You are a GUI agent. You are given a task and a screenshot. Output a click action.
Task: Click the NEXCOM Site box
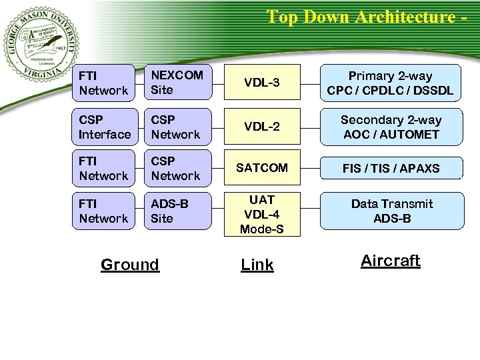click(176, 83)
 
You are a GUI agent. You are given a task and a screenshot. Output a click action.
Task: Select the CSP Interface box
click(105, 127)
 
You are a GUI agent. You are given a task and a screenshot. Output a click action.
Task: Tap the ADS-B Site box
click(176, 211)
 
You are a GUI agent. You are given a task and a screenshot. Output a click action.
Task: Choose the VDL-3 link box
click(262, 83)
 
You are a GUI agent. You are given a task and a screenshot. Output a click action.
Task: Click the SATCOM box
click(262, 168)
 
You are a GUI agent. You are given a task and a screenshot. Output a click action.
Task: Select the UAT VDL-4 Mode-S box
click(262, 215)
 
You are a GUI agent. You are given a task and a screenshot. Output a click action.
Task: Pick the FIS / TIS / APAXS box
click(391, 168)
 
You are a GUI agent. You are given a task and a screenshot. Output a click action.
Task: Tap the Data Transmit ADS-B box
click(391, 211)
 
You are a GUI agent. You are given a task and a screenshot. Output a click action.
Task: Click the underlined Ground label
click(130, 265)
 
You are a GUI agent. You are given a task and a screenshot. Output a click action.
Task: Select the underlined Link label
click(257, 265)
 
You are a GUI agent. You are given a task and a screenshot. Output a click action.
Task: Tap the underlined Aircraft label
click(391, 261)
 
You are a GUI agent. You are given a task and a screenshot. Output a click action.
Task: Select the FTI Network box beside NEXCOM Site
click(105, 83)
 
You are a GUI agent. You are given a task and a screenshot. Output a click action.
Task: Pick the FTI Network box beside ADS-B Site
click(105, 211)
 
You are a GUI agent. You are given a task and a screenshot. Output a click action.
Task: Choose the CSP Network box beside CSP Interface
click(176, 127)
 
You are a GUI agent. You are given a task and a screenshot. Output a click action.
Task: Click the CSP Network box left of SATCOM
click(176, 168)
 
